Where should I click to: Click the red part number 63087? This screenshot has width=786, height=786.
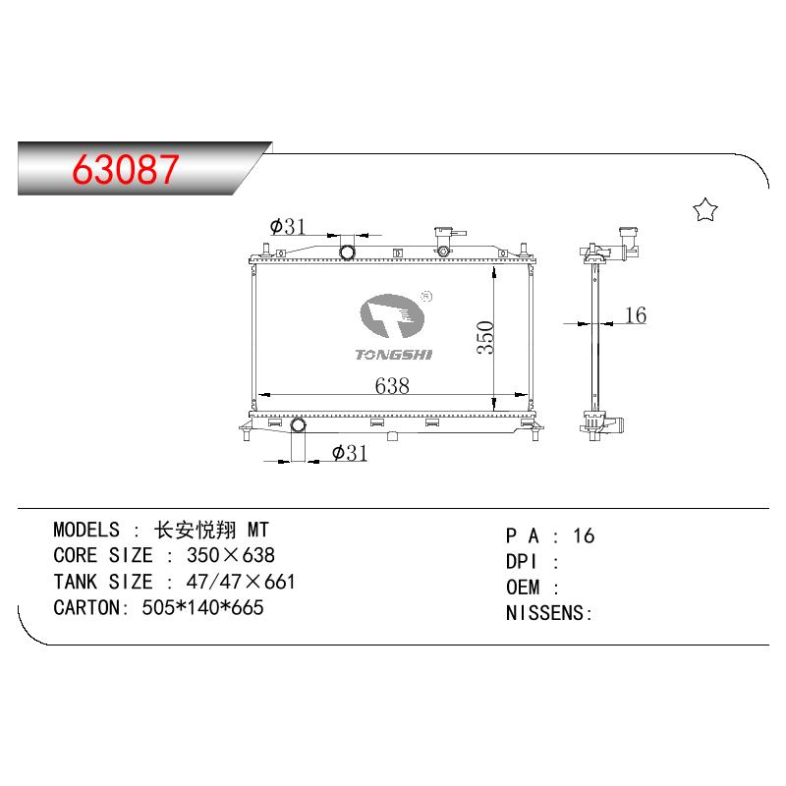point(126,169)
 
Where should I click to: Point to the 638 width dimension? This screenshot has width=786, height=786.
point(392,385)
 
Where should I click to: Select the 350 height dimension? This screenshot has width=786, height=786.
point(484,338)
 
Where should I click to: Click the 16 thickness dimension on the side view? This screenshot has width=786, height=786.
point(636,315)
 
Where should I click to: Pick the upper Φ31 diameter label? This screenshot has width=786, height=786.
point(287,227)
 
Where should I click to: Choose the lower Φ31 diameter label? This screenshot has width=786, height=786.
point(350,453)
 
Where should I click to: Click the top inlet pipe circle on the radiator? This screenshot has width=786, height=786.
point(347,252)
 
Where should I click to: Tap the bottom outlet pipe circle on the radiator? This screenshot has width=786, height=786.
point(299,425)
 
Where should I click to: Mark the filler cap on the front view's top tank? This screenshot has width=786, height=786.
point(444,241)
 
